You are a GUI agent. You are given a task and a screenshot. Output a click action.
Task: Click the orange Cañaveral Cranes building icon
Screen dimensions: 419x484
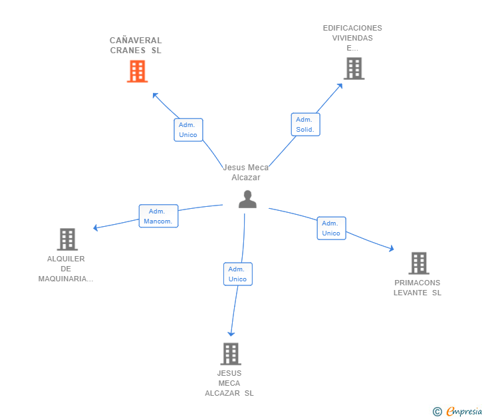point(137,71)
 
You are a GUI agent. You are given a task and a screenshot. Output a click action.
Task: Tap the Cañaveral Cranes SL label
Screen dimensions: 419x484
point(136,45)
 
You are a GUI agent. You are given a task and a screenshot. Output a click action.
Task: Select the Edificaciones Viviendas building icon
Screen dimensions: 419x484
point(354,69)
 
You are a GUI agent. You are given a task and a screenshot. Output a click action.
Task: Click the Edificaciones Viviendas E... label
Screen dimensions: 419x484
point(352,38)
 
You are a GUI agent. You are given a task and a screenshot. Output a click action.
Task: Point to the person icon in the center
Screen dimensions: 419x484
point(247,199)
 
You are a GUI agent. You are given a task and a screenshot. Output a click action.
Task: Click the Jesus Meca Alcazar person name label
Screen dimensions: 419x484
point(246,172)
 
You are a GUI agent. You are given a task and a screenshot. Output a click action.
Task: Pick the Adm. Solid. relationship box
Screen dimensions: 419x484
point(305,124)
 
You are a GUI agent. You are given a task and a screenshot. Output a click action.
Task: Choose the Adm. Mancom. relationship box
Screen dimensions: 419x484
point(158,216)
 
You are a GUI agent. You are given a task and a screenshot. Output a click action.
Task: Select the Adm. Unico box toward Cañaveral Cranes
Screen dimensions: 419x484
point(188,130)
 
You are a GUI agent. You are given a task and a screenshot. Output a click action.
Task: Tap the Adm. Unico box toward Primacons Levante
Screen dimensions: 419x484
point(331,228)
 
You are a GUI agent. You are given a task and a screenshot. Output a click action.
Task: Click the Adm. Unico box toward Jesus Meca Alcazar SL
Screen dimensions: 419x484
point(237,274)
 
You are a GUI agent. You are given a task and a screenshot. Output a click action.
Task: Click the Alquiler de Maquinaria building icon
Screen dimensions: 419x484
point(67,239)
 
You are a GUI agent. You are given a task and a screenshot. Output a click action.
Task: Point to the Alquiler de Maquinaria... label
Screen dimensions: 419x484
point(66,269)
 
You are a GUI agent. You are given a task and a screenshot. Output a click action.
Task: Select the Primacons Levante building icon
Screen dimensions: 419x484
point(418,263)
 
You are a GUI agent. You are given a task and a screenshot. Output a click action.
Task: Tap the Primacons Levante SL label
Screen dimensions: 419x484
point(418,287)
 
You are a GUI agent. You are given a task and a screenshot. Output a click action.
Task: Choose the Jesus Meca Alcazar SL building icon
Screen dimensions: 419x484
point(230,354)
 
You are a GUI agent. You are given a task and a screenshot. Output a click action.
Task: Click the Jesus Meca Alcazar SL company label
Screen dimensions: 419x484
point(229,383)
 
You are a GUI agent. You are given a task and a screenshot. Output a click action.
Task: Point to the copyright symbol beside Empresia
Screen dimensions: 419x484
point(437,412)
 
